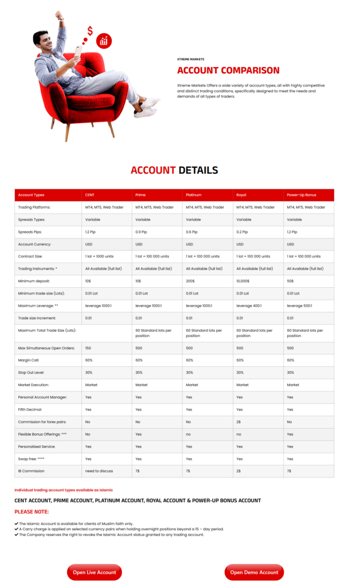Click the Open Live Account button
(x=94, y=572)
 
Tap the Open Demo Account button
(x=254, y=572)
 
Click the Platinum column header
(x=193, y=195)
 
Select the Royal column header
(x=241, y=195)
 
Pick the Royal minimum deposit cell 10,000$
(x=244, y=281)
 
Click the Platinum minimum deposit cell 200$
(x=190, y=281)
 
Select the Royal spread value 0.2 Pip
(x=243, y=232)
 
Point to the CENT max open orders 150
(x=88, y=348)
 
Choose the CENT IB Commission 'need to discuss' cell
(x=99, y=471)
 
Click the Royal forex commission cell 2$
(x=238, y=422)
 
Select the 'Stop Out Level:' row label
(x=33, y=373)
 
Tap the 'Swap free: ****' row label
(x=32, y=459)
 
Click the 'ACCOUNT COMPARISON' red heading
(x=228, y=71)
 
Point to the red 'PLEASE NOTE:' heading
(x=32, y=511)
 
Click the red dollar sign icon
(x=90, y=30)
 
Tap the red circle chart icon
(x=104, y=41)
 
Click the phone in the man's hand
(x=77, y=52)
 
